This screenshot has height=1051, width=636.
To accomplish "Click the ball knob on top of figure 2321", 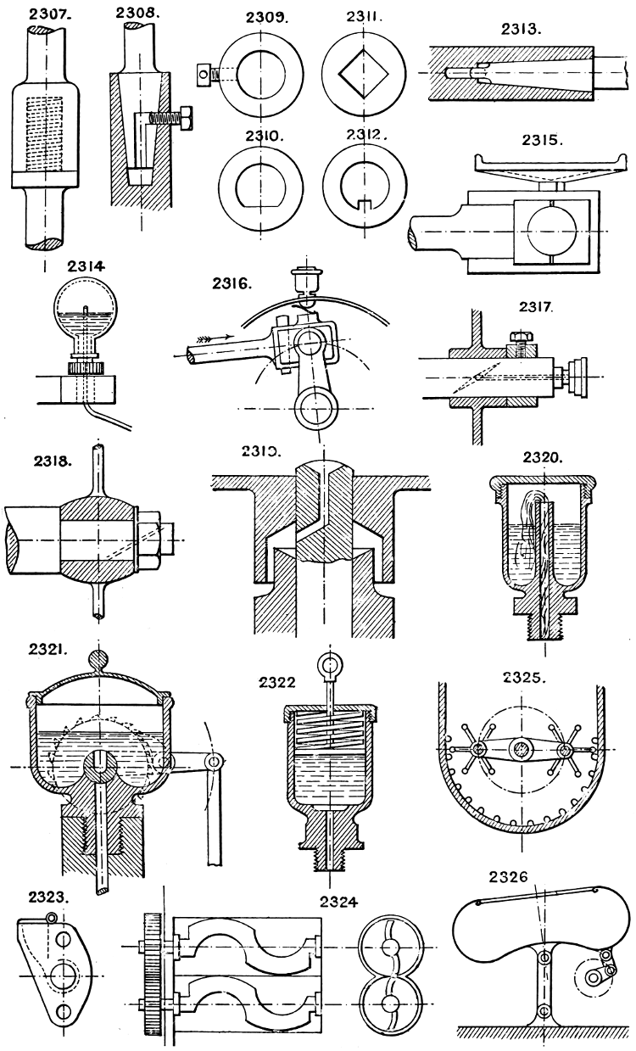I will (99, 658).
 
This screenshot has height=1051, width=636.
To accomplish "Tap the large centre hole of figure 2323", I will (61, 977).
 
